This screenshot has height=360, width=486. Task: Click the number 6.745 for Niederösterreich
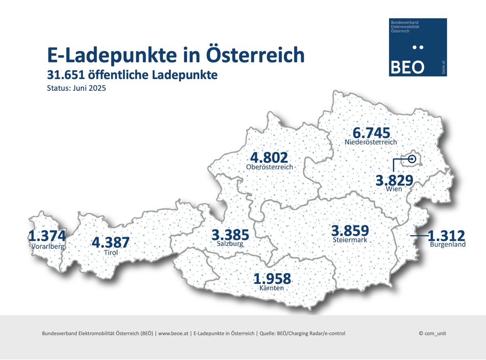371,133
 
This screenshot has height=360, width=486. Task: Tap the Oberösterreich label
269,167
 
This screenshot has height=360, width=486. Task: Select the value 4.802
269,157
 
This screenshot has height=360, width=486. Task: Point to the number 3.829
394,180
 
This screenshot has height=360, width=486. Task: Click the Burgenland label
448,244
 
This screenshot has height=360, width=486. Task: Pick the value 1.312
446,235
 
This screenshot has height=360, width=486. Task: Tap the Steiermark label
350,240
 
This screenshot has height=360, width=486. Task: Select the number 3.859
350,231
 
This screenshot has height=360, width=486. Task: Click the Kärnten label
272,288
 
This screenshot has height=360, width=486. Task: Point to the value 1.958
272,279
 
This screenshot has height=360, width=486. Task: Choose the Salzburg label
230,244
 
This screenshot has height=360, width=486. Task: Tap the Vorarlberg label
47,246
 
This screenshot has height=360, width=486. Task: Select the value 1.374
47,236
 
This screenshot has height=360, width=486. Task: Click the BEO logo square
418,47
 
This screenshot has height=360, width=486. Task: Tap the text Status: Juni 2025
77,88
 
